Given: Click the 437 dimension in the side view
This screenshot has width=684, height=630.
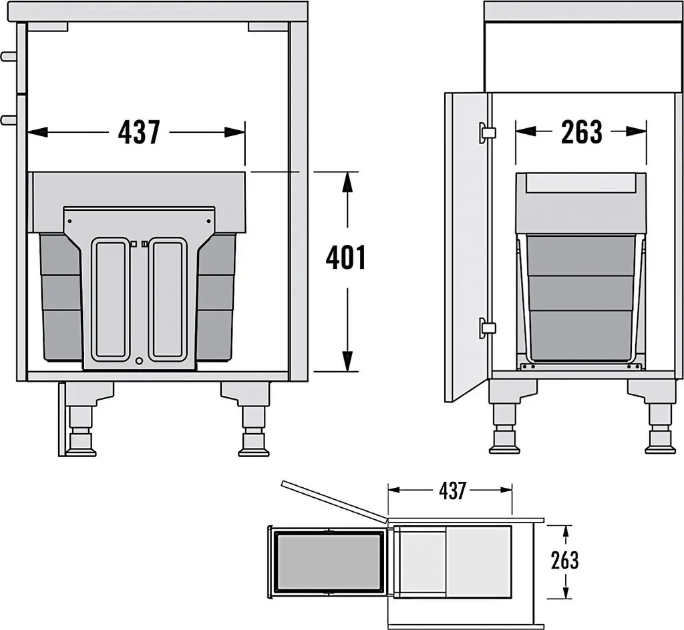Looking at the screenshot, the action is [x=139, y=132].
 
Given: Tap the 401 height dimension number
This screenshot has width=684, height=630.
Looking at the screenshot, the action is [x=346, y=258].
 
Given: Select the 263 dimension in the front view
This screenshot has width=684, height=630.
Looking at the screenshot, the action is [x=582, y=131].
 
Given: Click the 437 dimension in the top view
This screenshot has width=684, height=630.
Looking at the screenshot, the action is [x=452, y=491].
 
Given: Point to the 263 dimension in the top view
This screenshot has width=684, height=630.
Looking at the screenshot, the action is [x=564, y=561].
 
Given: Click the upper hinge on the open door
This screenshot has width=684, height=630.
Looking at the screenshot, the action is [x=486, y=132].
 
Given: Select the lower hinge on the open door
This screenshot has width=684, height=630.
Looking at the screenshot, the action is [x=486, y=327].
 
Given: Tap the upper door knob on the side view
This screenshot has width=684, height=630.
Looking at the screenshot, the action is [x=8, y=56].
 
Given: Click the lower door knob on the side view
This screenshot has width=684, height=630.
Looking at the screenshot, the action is [x=8, y=119].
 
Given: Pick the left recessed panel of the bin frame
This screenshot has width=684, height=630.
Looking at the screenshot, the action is [x=112, y=299].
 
